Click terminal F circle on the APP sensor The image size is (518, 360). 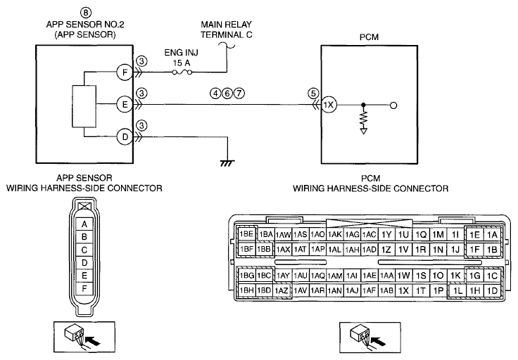point(125,72)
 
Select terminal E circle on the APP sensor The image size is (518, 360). point(125,105)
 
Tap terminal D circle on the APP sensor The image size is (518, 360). point(125,137)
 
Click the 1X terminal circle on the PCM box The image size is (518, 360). point(329,105)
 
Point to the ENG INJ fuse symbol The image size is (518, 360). point(182,72)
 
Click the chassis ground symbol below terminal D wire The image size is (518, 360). point(227,163)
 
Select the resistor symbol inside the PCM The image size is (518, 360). point(363,120)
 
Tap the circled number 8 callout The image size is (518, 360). point(86,13)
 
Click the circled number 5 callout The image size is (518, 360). point(313,94)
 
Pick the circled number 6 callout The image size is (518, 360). point(227,94)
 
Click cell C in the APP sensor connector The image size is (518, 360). point(84,250)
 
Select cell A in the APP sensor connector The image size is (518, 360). point(84,224)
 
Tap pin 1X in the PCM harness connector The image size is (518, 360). point(403,290)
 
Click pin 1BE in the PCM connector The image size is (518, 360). point(246,234)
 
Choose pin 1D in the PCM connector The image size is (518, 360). point(492,290)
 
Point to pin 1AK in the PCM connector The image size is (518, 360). point(334,235)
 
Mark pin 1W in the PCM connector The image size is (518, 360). point(403,276)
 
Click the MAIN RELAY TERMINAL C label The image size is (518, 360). point(227,30)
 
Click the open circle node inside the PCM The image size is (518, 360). point(393,105)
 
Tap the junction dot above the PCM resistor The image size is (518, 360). point(363,105)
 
